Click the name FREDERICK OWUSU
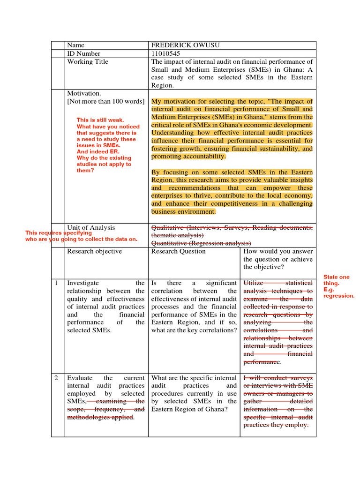[x=185, y=45]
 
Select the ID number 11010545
[x=165, y=53]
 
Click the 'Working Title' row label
[x=88, y=61]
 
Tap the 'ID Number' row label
[x=84, y=53]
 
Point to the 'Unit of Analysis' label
[x=91, y=227]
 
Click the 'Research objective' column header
[x=94, y=251]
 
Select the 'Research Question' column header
[x=178, y=251]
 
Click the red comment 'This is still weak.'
[x=100, y=120]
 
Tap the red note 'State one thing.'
[x=336, y=280]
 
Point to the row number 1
[x=56, y=283]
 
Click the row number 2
[x=56, y=378]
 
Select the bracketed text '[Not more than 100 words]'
[x=105, y=101]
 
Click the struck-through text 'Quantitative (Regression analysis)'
[x=201, y=243]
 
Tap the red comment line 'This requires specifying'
[x=59, y=233]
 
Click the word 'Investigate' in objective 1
[x=83, y=283]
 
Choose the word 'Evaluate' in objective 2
[x=80, y=378]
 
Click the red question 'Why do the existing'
[x=104, y=158]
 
